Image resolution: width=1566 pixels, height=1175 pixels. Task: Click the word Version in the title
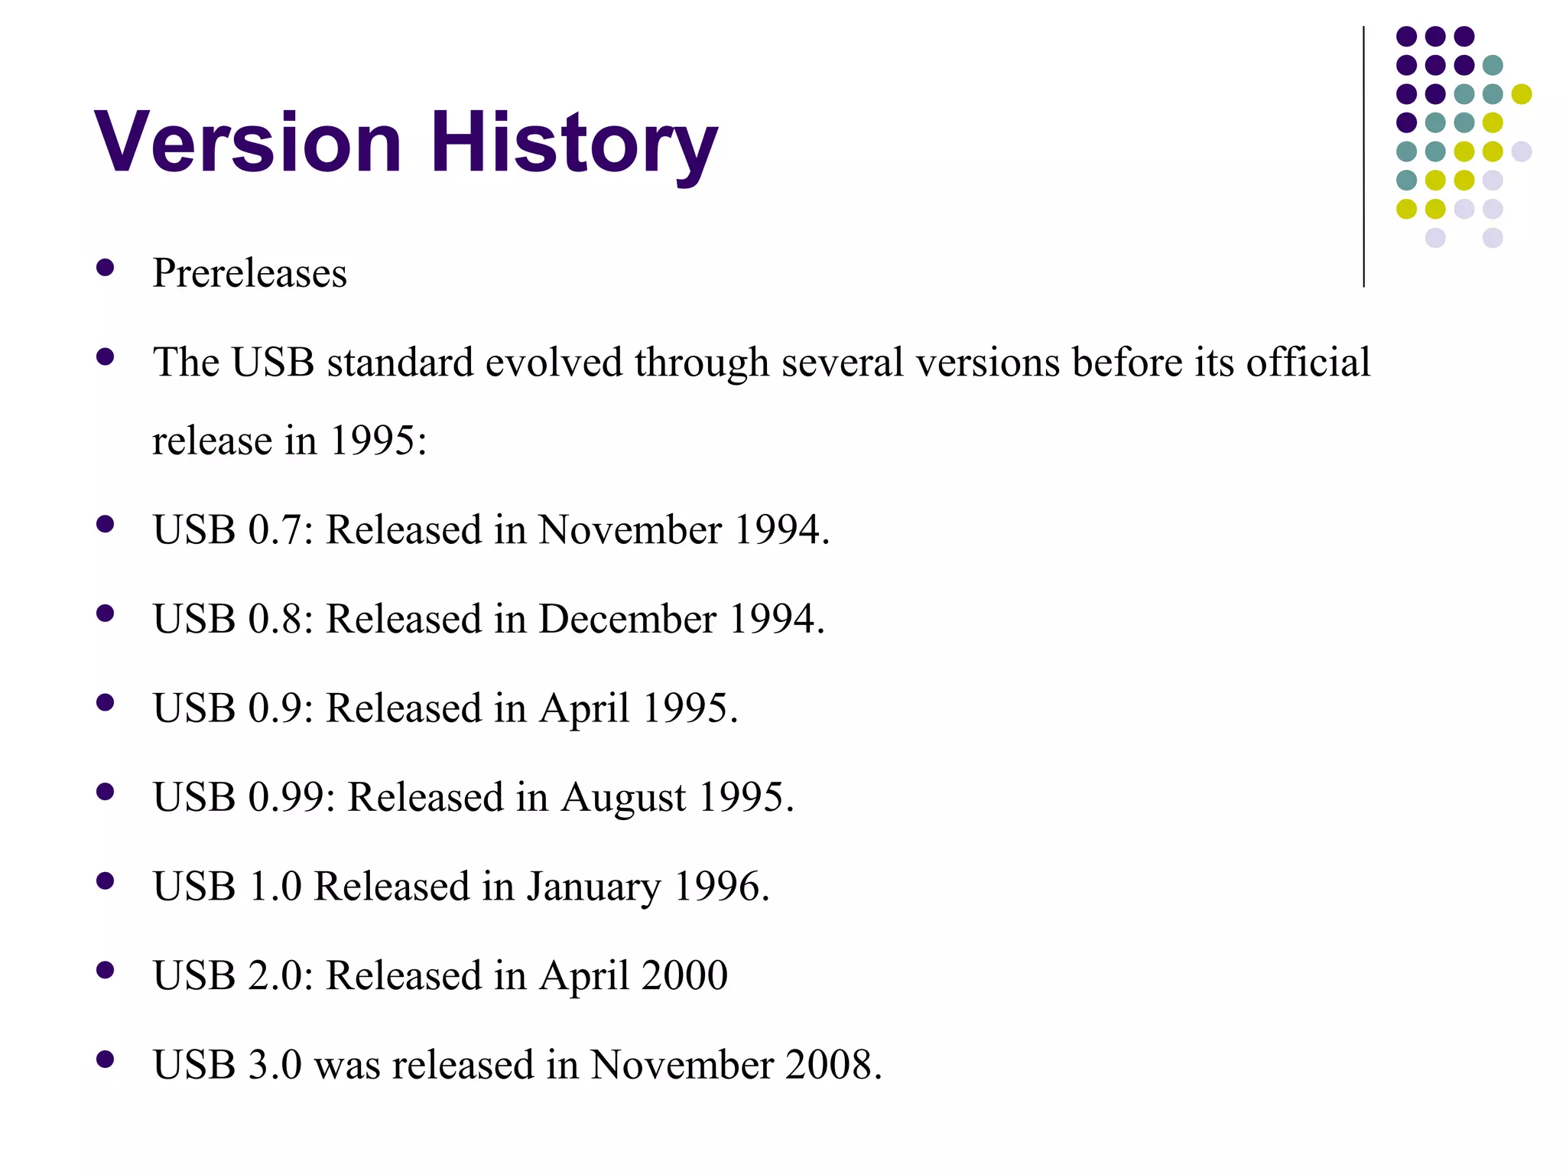click(248, 143)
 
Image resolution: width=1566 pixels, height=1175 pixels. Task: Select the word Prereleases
click(249, 273)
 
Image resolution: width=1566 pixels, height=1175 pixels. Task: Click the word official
click(1308, 362)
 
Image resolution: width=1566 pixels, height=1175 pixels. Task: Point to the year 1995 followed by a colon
click(378, 441)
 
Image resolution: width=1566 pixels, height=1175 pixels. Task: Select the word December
click(627, 619)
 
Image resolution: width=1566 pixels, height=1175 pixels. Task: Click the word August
click(623, 798)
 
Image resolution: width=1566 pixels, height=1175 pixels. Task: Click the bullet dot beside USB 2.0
click(106, 970)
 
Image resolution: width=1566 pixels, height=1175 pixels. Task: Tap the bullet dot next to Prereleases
click(106, 268)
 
